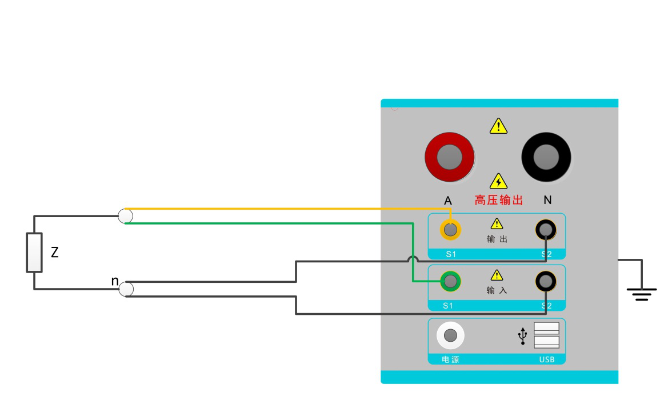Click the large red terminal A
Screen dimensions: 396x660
(449, 157)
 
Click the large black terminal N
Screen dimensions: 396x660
(546, 157)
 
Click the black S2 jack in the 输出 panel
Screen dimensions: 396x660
(546, 230)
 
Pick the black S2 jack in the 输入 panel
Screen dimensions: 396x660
(546, 281)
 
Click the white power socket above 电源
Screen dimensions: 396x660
(450, 335)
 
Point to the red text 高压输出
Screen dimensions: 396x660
(499, 201)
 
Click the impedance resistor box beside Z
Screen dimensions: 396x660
(34, 252)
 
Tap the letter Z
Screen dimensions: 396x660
(55, 252)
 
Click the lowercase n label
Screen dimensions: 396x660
(115, 281)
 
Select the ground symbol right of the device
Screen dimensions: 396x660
(641, 294)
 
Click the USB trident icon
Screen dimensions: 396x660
(522, 337)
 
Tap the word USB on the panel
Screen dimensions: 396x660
(547, 359)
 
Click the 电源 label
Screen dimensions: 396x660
(450, 359)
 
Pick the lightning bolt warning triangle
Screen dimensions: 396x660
(499, 181)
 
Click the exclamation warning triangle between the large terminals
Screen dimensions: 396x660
(498, 126)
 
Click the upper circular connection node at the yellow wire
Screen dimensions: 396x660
(125, 216)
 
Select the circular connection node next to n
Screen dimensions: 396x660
(126, 289)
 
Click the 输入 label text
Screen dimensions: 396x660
(497, 290)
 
